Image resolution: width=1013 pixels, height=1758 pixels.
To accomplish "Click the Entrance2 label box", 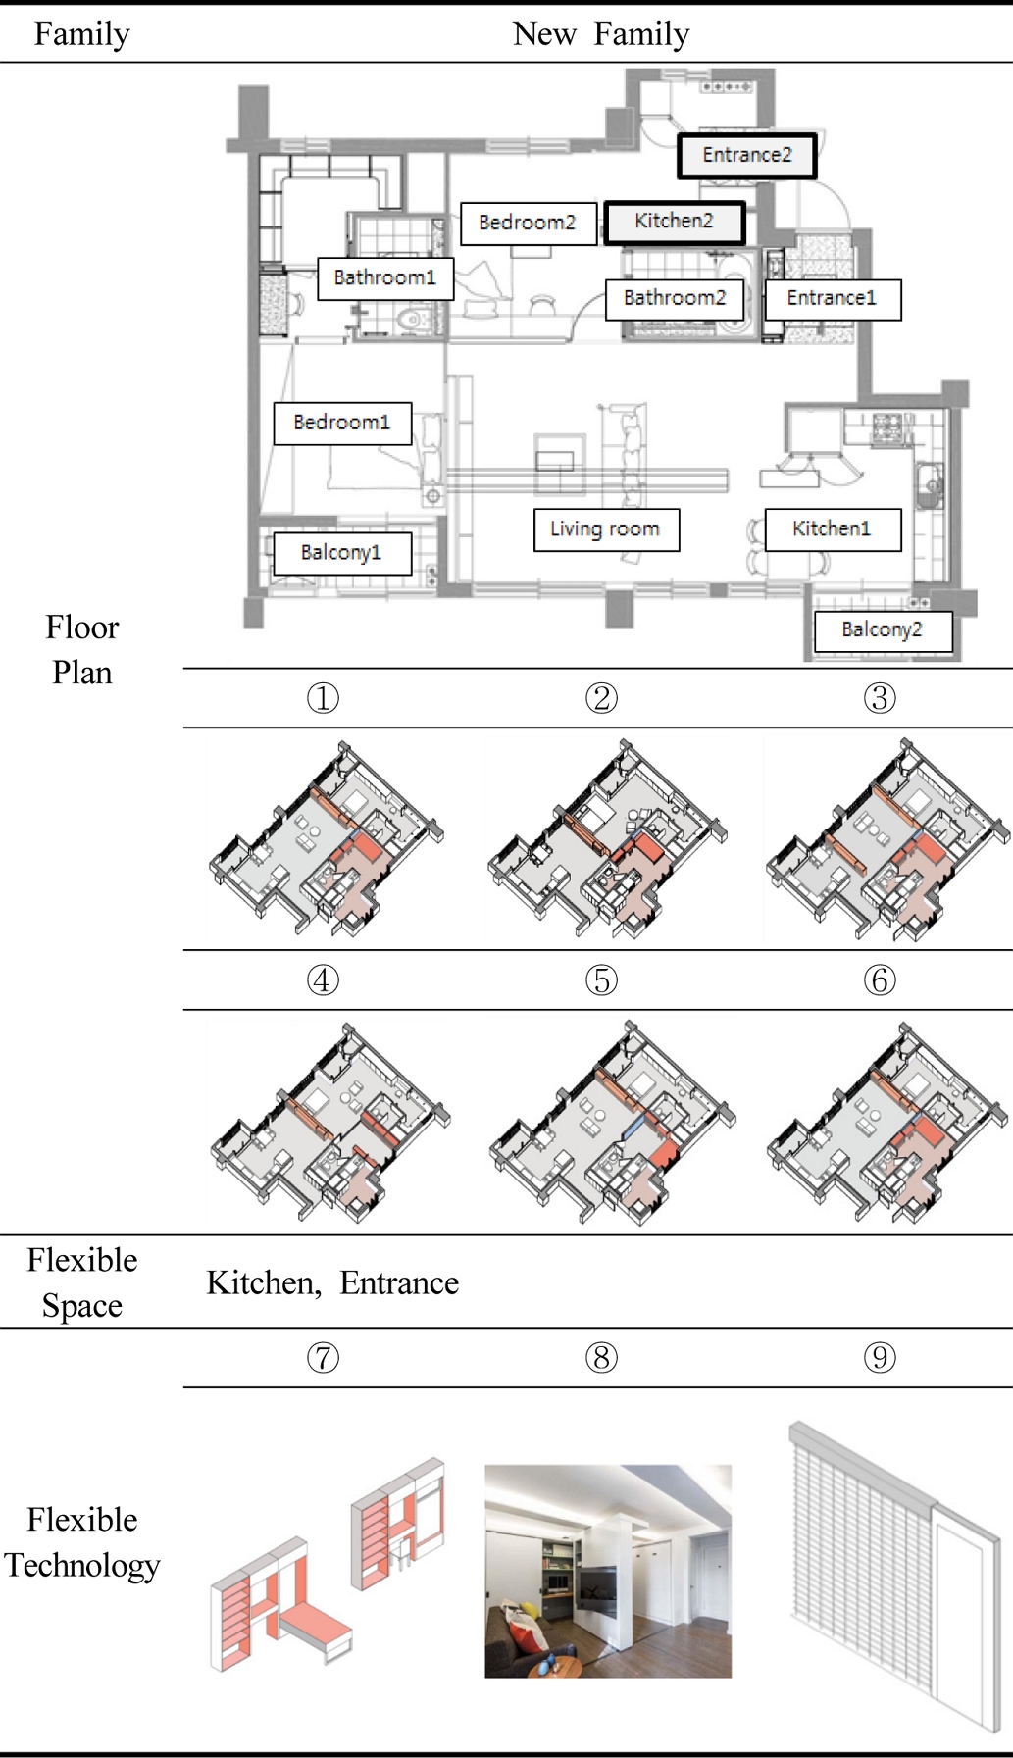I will coord(746,156).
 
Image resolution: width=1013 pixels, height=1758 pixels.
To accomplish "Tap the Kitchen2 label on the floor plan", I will coord(674,223).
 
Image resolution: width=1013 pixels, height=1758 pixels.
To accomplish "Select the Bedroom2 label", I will coord(528,224).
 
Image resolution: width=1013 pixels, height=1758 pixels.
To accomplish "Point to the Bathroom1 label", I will coord(384,278).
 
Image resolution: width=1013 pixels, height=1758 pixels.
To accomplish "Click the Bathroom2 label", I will coord(675,298).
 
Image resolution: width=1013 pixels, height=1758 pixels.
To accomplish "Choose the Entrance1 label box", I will coord(831,299).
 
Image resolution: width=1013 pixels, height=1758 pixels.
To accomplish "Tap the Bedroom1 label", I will coord(341,424).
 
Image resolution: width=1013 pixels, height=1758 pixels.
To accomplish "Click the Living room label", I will coord(605,529).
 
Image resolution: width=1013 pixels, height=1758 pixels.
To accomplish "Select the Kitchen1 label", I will coord(832,529).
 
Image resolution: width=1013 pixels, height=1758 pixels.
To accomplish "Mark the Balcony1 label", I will coord(340,553).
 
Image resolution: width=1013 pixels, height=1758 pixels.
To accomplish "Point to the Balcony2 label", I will coord(883,630).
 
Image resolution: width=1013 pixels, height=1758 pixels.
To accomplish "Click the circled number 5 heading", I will coord(601,979).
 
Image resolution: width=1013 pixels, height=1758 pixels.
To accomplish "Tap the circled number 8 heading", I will coord(601,1358).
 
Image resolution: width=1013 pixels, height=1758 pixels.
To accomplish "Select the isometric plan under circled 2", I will coord(606,839).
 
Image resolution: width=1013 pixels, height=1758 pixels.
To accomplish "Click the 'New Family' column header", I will coord(600,34).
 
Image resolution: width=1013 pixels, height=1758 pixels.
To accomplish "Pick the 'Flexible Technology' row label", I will coord(82,1542).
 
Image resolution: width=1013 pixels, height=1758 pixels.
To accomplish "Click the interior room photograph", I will coord(608,1571).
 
